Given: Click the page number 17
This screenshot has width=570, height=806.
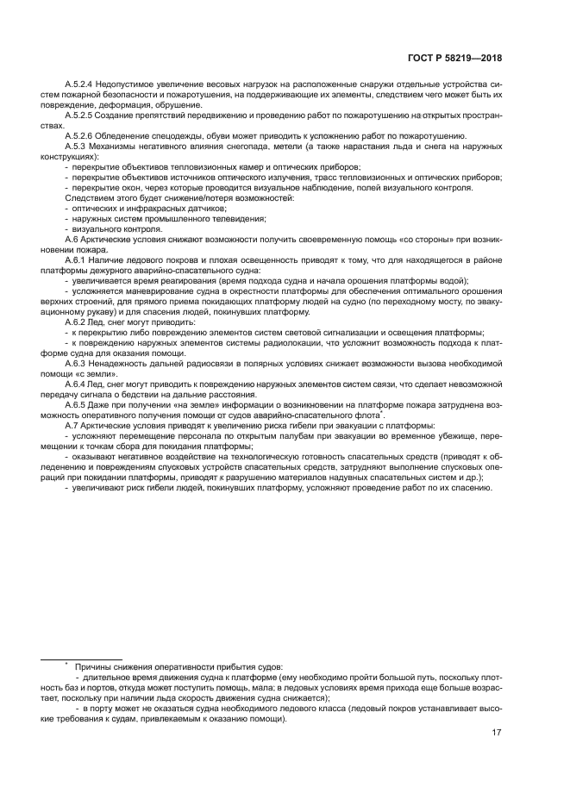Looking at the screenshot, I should click(x=497, y=733).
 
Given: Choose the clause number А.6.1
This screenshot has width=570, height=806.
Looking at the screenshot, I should click(x=78, y=259).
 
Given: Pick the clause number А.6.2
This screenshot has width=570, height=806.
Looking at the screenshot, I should click(x=78, y=320).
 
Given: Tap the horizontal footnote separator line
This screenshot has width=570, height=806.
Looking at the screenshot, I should click(x=82, y=658).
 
